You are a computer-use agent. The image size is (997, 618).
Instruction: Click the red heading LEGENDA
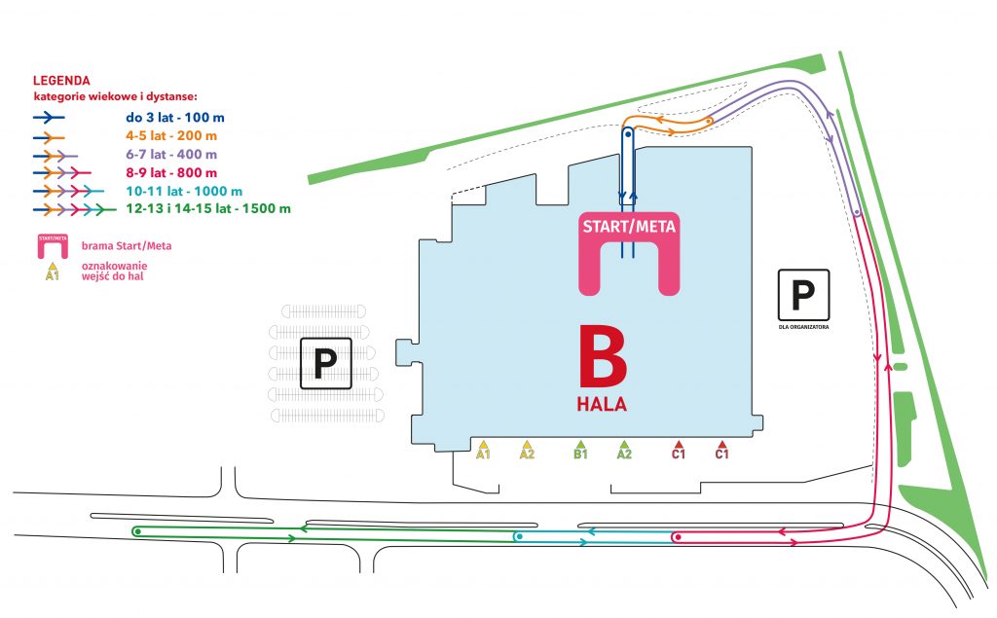(x=61, y=81)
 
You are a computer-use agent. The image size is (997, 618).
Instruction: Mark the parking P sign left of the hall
(x=325, y=364)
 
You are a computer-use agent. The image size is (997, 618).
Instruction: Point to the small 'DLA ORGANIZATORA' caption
(x=804, y=329)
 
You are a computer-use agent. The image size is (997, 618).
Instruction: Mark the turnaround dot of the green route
(x=137, y=531)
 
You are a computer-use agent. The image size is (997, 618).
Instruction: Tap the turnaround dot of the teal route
(x=519, y=536)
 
